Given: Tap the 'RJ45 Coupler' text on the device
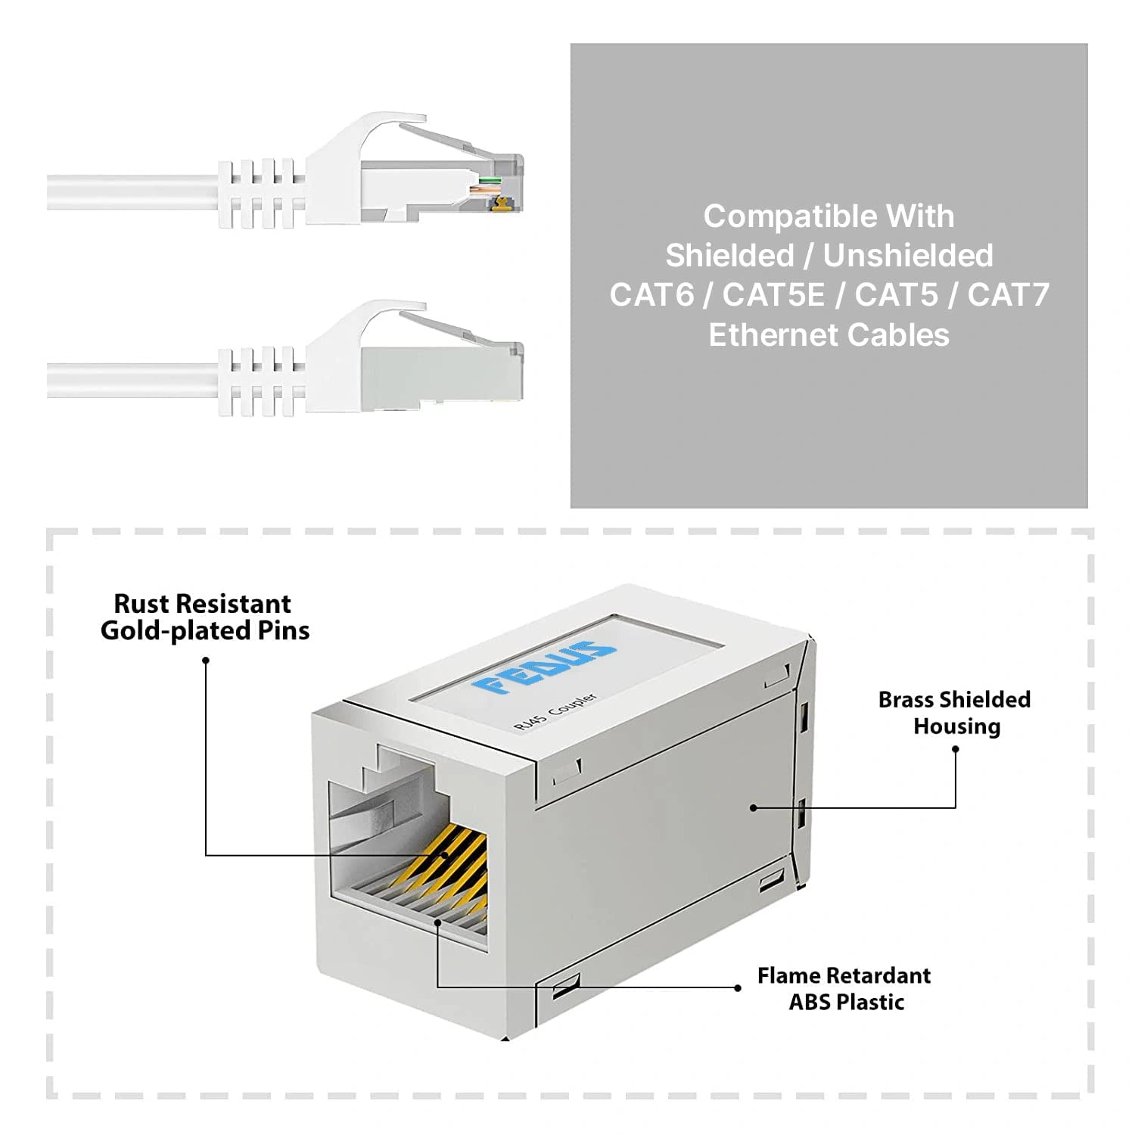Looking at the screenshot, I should (x=555, y=711).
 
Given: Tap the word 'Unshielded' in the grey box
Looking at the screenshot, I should (x=908, y=256).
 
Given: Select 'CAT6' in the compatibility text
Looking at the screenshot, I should (x=651, y=295).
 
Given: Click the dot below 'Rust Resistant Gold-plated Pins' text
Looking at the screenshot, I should (x=206, y=661).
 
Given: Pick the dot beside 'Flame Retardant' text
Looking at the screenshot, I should (x=738, y=987).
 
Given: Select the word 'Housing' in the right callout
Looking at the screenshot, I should (x=956, y=726).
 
